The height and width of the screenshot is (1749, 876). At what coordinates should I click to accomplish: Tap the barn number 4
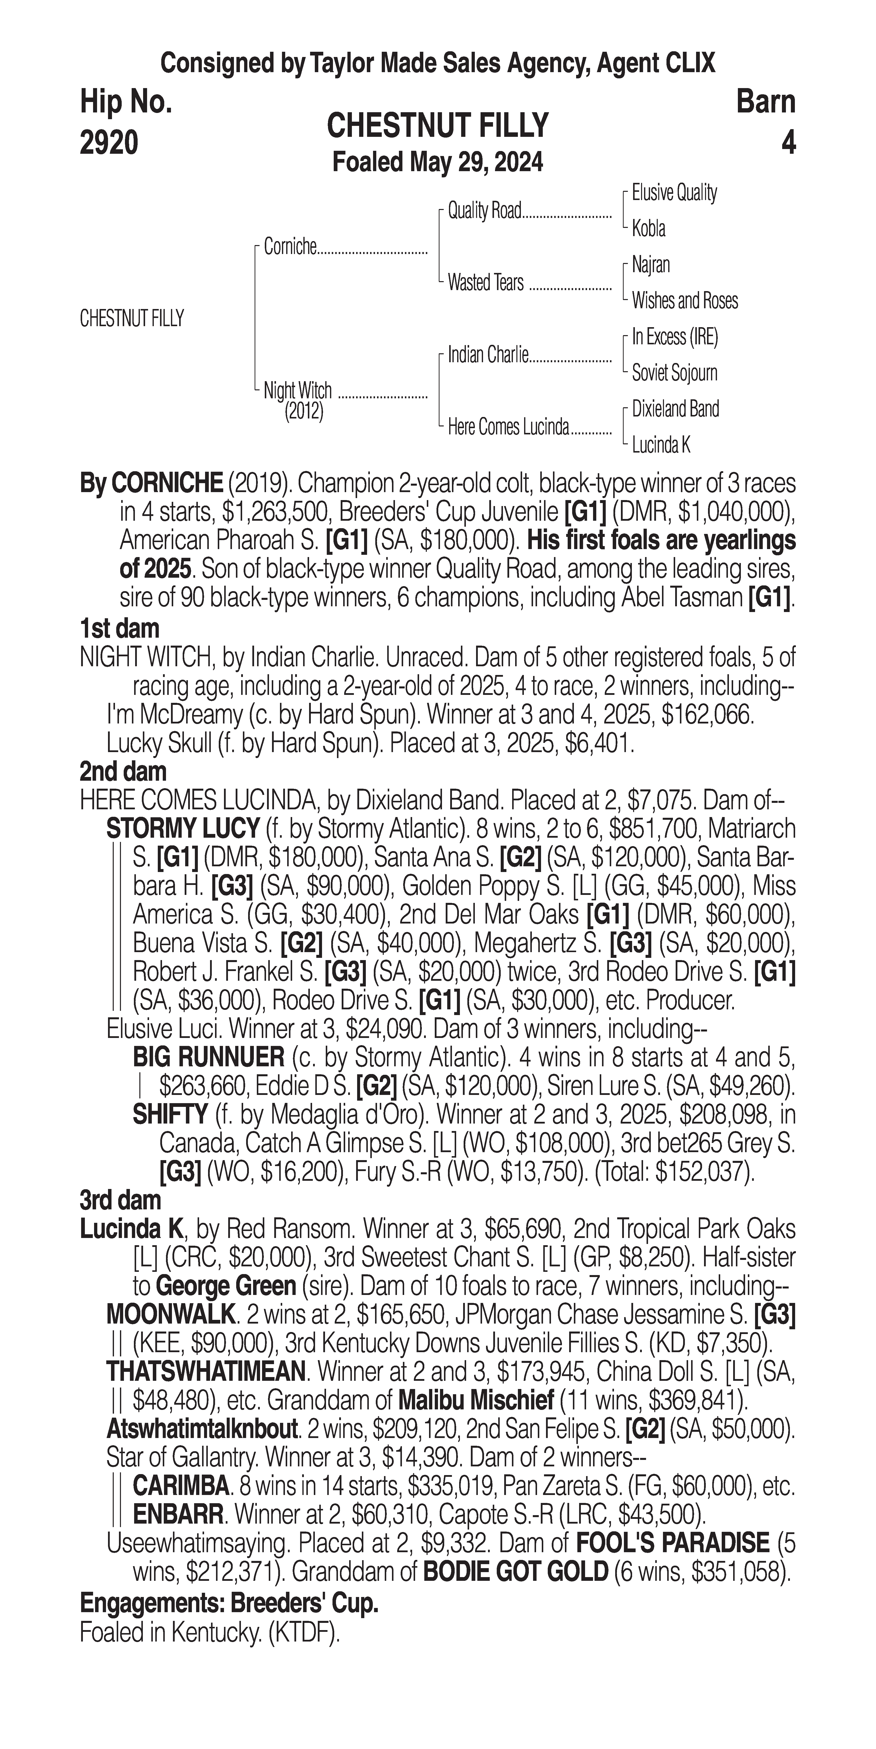coord(788,143)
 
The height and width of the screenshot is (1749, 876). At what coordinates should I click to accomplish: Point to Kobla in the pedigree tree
coord(649,229)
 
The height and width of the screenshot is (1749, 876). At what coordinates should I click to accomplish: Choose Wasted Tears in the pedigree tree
coord(486,282)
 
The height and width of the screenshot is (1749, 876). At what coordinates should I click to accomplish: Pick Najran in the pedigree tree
coord(651,265)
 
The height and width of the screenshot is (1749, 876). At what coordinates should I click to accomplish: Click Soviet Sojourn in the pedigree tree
coord(674,373)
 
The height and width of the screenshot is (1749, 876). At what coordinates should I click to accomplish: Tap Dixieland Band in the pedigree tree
coord(675,409)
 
